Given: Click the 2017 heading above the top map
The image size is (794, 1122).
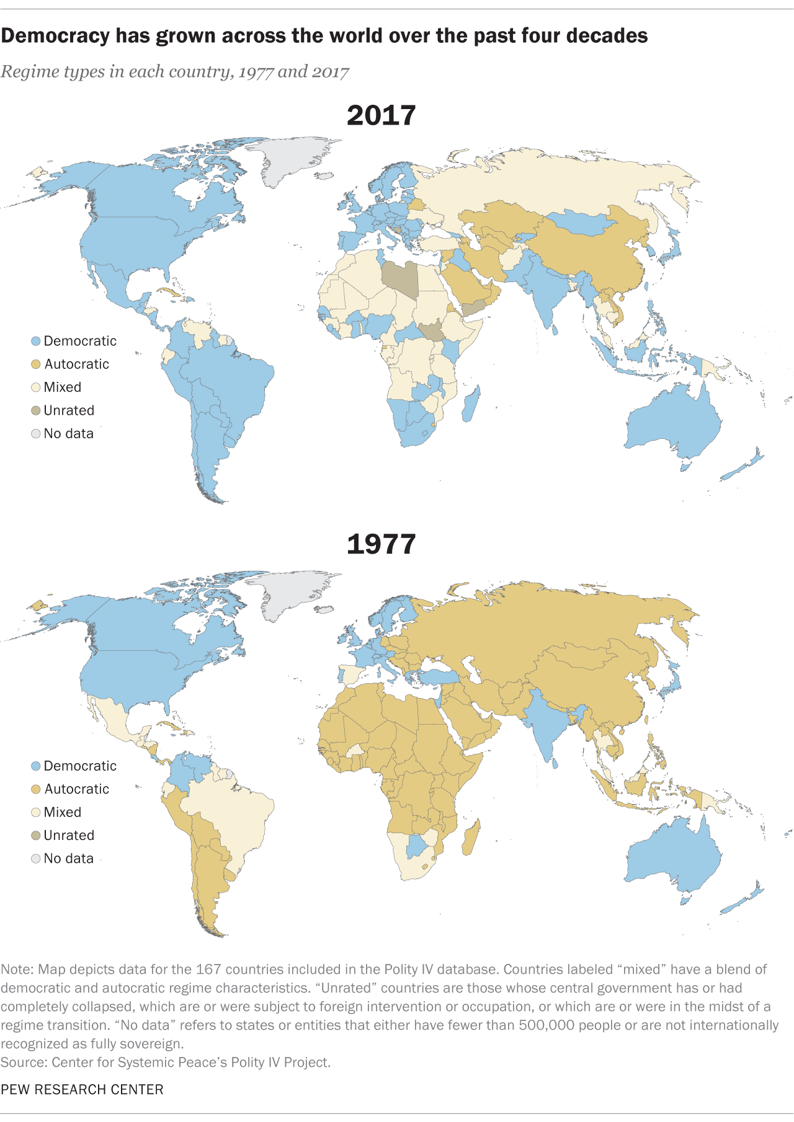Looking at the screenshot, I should pyautogui.click(x=381, y=116).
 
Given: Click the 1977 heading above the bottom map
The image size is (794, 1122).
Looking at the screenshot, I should pyautogui.click(x=381, y=544).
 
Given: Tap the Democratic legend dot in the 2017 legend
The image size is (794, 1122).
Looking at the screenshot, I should pyautogui.click(x=36, y=342).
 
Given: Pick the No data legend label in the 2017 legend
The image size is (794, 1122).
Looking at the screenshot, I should pyautogui.click(x=68, y=434).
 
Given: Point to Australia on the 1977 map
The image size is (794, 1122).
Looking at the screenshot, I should pyautogui.click(x=673, y=855).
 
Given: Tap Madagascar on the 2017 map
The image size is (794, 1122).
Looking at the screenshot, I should pyautogui.click(x=471, y=404).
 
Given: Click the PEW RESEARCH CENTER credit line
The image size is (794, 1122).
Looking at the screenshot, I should pyautogui.click(x=82, y=1090).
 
